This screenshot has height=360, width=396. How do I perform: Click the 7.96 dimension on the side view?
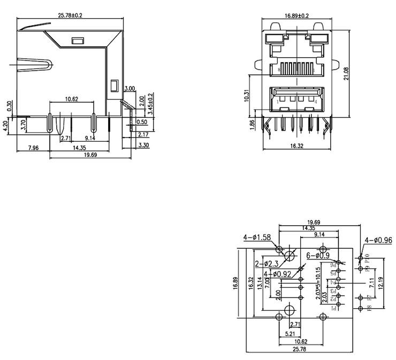[x=33, y=148]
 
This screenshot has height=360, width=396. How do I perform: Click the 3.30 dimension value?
[x=143, y=145]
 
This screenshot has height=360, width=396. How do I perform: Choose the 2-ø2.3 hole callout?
[x=266, y=263]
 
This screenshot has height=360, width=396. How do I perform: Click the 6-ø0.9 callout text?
[x=318, y=256]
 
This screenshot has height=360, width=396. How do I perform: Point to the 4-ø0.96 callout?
[x=379, y=240]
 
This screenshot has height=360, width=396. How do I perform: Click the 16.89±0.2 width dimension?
[x=296, y=16]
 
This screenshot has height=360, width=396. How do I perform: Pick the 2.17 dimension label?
[x=143, y=134]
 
